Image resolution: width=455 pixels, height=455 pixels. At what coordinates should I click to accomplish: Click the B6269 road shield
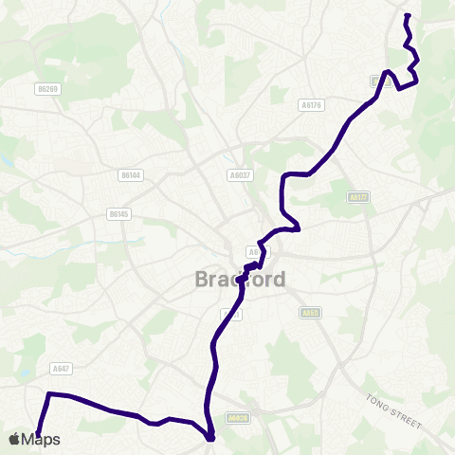coord(47,89)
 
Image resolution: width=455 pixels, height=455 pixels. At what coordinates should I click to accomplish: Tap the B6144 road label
coord(131,175)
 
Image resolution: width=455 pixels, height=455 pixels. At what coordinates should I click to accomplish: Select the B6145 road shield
coord(118,215)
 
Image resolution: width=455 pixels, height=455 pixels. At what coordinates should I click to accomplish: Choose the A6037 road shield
coord(239,175)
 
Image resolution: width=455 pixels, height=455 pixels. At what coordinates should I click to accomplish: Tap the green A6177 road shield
coord(357,197)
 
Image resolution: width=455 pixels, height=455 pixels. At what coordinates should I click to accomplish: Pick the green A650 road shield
coord(311,313)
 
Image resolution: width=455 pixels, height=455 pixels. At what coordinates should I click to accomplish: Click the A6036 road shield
coord(238,416)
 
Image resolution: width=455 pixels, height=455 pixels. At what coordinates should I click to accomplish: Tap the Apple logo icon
coord(14,439)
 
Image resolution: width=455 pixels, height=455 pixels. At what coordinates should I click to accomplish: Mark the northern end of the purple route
coord(407,15)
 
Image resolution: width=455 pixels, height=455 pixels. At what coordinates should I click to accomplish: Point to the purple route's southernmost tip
coord(210,439)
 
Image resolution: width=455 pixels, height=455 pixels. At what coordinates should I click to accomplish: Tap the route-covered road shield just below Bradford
coord(227,314)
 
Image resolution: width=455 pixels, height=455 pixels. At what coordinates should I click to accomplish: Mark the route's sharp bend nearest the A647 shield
coord(49,394)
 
